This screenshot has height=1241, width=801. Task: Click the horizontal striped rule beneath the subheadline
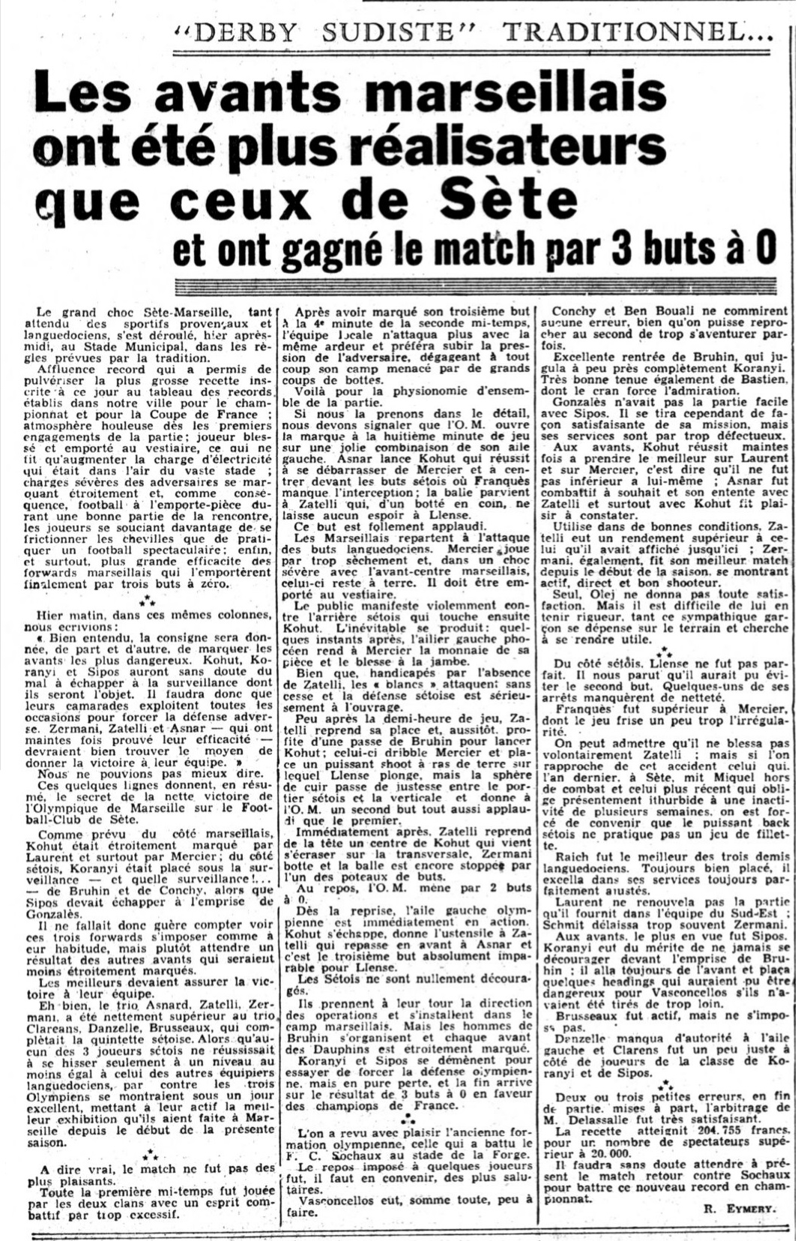click(473, 288)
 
